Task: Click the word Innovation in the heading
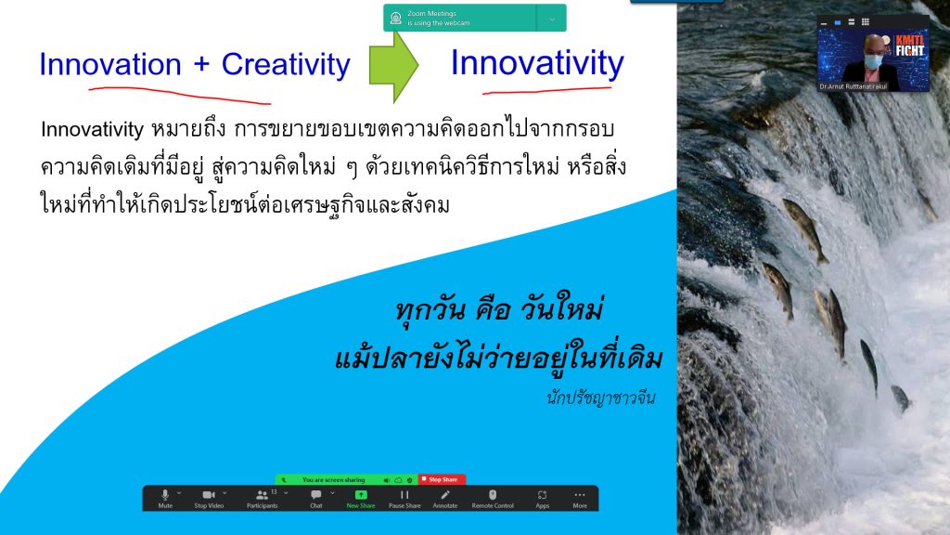click(x=109, y=65)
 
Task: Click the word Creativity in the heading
click(x=286, y=65)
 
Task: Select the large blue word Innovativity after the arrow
click(x=537, y=63)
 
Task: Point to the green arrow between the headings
click(x=393, y=65)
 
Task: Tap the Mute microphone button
click(x=165, y=498)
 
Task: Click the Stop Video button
click(x=208, y=498)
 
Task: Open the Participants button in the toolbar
click(x=262, y=498)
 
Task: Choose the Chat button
click(x=316, y=498)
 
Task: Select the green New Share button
click(x=361, y=498)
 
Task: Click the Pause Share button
click(x=404, y=498)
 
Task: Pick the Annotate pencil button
click(x=445, y=498)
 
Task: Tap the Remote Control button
click(x=493, y=498)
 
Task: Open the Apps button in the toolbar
click(x=543, y=498)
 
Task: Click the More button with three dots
click(x=580, y=498)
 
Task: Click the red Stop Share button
click(x=442, y=479)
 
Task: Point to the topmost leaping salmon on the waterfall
click(x=804, y=228)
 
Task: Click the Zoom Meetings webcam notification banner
click(x=474, y=18)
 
